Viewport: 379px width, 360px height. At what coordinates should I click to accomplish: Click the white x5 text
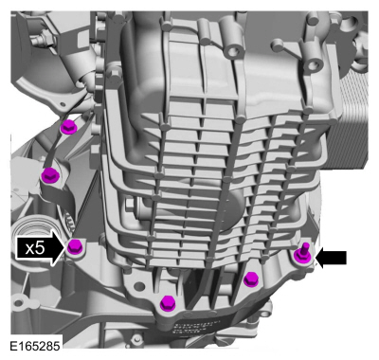(x=35, y=248)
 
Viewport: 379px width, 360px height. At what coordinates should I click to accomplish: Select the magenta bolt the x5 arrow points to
(x=75, y=246)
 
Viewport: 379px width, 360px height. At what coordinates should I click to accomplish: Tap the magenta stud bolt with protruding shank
(x=302, y=254)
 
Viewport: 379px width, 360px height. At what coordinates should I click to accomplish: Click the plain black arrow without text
(x=331, y=258)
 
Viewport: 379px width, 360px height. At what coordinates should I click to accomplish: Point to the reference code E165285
(x=34, y=346)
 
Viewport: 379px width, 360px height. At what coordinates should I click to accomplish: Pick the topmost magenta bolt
(x=67, y=127)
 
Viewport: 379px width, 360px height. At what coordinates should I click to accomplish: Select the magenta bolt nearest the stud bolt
(x=251, y=279)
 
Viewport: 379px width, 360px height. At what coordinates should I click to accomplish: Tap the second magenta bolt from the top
(x=49, y=175)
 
